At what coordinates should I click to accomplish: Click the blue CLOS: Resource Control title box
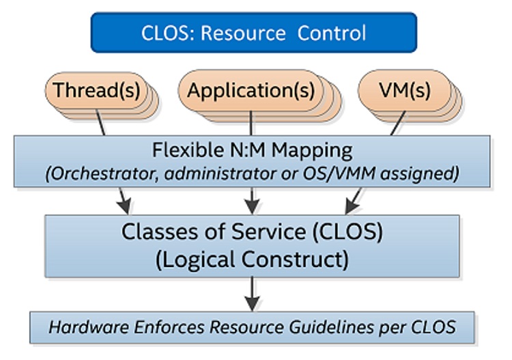click(254, 32)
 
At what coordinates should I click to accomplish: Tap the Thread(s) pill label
click(97, 90)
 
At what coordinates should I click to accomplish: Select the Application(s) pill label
click(251, 90)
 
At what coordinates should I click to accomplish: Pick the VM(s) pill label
click(405, 90)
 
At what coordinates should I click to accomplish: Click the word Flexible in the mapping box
click(188, 150)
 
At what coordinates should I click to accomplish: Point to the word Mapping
click(312, 151)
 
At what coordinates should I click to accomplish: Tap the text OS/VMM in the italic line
click(339, 174)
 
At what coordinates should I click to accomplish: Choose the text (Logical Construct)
click(252, 260)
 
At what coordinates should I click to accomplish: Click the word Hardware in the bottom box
click(89, 327)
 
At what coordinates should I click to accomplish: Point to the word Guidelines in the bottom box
click(331, 328)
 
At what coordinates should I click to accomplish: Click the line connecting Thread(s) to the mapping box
click(100, 122)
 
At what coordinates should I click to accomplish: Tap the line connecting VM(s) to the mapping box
click(398, 123)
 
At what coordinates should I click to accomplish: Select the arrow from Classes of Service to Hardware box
click(252, 294)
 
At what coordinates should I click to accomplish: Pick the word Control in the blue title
click(331, 33)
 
